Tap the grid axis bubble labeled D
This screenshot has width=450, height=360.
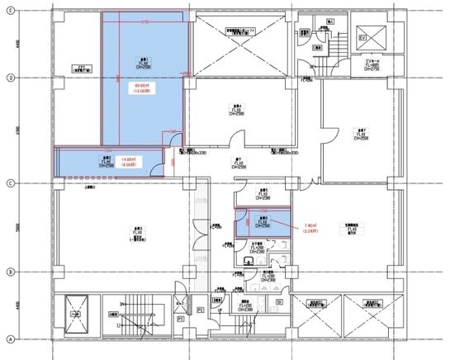point(9,78)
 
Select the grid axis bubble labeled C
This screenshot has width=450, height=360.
point(9,183)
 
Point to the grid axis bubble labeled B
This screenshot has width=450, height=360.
point(9,272)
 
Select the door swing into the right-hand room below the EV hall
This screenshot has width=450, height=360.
point(330,132)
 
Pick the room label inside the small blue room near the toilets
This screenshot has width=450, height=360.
point(261,220)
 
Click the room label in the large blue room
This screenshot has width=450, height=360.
point(143,63)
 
